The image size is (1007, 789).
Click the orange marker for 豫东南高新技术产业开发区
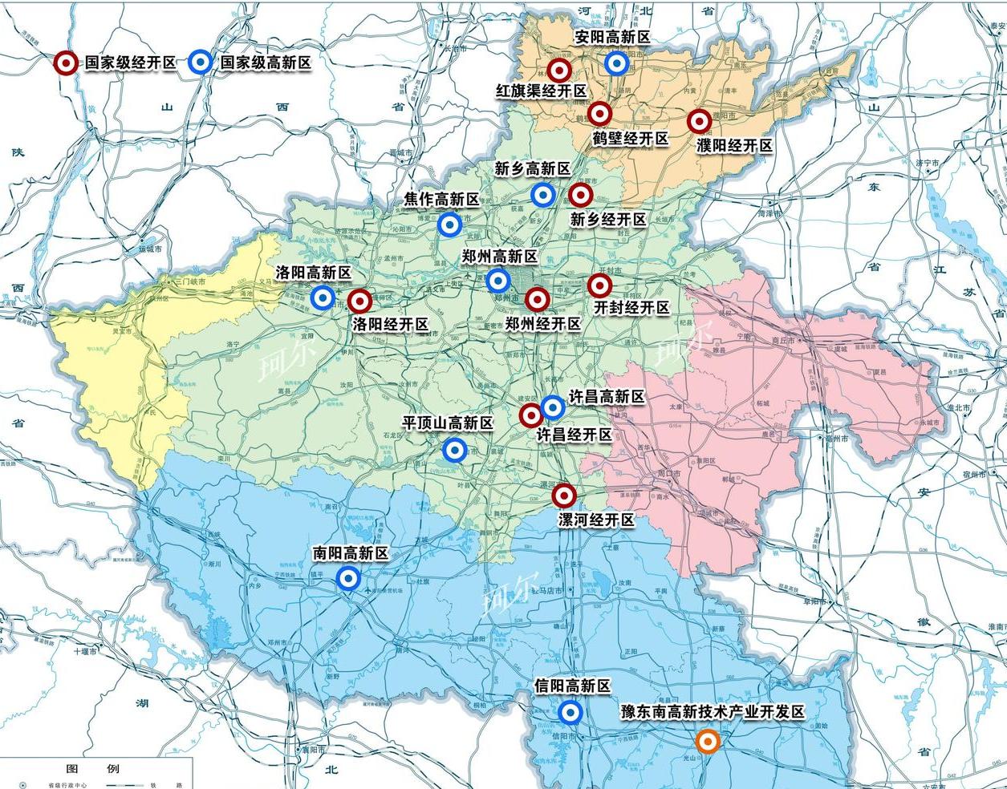[x=707, y=742]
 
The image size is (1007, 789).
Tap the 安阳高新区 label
[x=612, y=38]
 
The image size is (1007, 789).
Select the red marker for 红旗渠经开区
[x=558, y=71]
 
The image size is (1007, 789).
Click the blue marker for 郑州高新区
[x=497, y=281]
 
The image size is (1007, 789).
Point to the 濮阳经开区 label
[x=734, y=146]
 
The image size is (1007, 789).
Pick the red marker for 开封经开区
[x=599, y=285]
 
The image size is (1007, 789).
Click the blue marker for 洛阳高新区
[x=323, y=298]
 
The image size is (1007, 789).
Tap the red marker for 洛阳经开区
[x=359, y=302]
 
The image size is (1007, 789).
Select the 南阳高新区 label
[x=351, y=553]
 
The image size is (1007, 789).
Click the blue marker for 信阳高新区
[x=570, y=712]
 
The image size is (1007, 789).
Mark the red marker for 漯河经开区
[x=564, y=496]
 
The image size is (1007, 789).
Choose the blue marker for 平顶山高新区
[x=454, y=451]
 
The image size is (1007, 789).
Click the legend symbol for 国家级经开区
[x=65, y=63]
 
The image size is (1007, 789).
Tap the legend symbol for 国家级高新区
[x=200, y=63]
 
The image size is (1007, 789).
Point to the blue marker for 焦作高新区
[x=449, y=225]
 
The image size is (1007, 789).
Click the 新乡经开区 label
[x=608, y=219]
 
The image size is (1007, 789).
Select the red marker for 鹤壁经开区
[x=599, y=114]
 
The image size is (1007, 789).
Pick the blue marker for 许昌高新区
[x=553, y=408]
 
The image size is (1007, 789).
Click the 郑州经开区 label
[x=543, y=324]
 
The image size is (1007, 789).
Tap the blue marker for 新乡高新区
[x=542, y=194]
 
